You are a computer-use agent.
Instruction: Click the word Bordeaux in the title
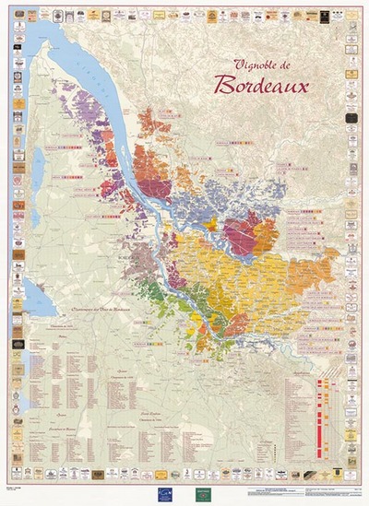(x=262, y=85)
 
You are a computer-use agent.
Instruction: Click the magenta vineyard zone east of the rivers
(x=247, y=234)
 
